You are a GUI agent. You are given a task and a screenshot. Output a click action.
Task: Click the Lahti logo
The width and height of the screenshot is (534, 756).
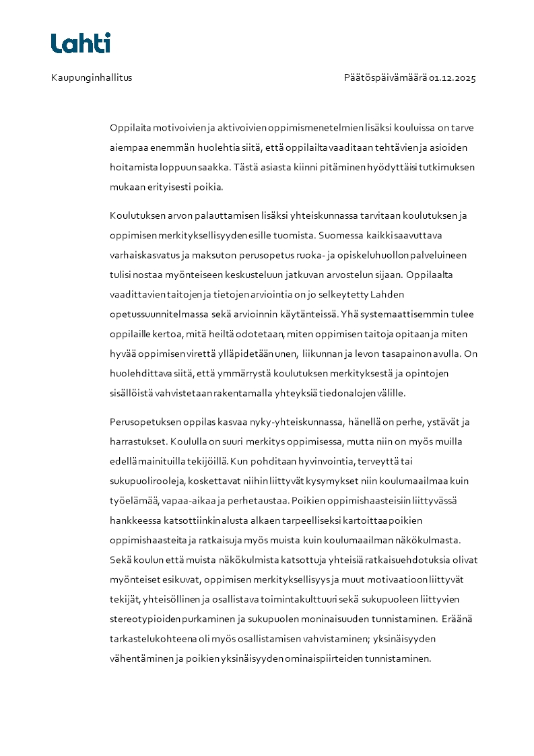(80, 43)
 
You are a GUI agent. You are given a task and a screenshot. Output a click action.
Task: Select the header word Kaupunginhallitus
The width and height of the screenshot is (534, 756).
(92, 77)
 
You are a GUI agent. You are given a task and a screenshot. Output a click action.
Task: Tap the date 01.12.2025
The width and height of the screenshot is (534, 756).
(453, 77)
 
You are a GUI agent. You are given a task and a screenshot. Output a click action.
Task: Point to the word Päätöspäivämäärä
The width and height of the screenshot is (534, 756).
(385, 77)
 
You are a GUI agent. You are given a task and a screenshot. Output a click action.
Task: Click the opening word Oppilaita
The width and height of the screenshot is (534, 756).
(129, 127)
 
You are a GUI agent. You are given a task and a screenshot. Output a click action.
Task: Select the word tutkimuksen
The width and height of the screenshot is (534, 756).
(451, 167)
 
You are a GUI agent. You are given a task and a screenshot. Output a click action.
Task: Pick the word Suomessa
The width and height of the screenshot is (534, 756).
(341, 236)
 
